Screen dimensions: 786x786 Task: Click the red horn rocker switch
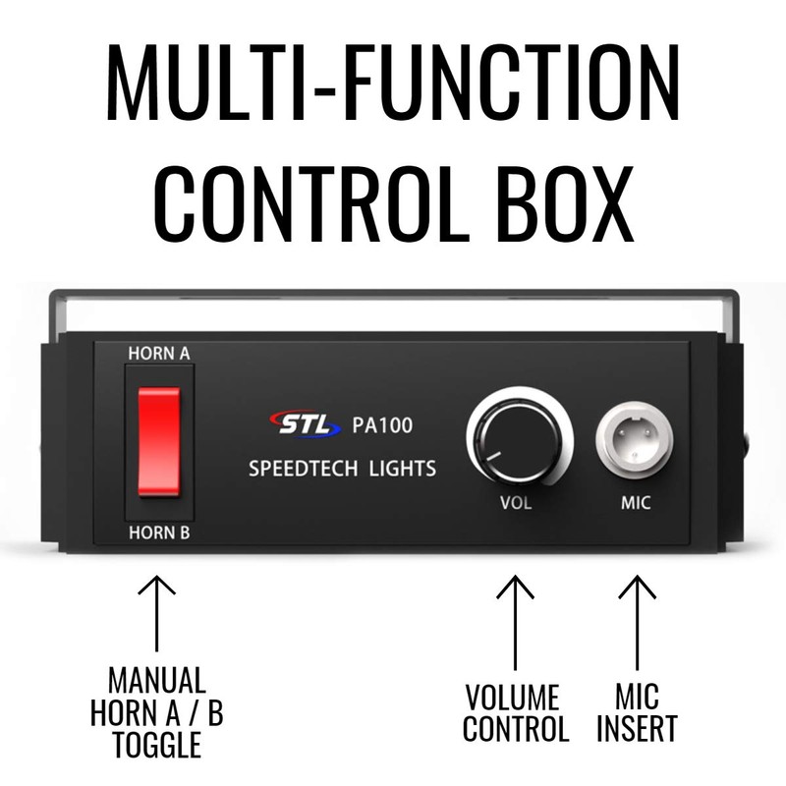point(159,440)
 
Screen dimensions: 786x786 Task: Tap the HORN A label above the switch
point(159,351)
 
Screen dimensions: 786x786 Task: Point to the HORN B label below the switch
point(159,533)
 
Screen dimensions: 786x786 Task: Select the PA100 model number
point(381,426)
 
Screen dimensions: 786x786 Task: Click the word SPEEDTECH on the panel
point(304,469)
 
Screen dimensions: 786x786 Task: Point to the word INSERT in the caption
point(638,730)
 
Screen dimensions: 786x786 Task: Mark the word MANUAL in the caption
point(157,681)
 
